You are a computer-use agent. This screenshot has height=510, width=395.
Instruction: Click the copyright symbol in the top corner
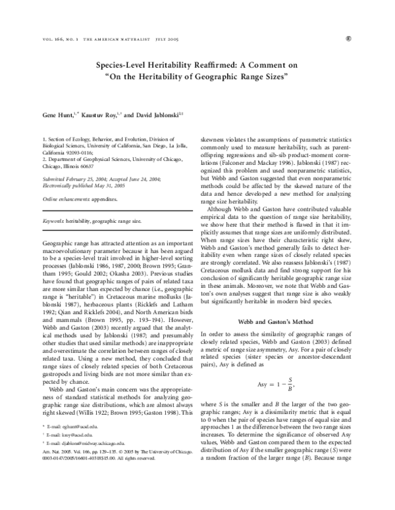click(365, 39)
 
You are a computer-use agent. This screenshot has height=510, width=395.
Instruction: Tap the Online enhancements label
click(64, 179)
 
